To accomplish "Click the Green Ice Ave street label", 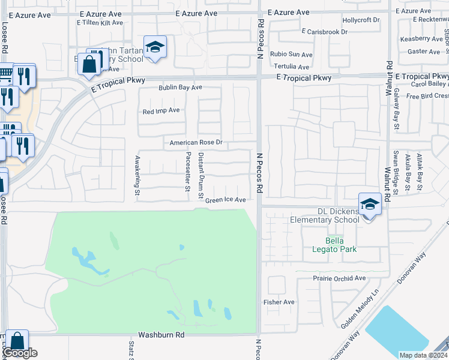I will [x=226, y=200].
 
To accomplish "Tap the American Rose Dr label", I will [x=196, y=143].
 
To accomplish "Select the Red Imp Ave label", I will [x=161, y=111].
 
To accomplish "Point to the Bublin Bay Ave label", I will [x=180, y=88].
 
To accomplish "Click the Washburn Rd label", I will [x=161, y=335].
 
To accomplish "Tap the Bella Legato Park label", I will [x=337, y=245].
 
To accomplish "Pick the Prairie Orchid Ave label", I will [x=339, y=278].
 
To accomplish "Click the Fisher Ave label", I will [x=280, y=302].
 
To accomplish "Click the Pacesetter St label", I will [x=188, y=172].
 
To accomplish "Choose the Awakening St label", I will [x=137, y=176].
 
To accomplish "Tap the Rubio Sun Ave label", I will [x=289, y=54].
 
